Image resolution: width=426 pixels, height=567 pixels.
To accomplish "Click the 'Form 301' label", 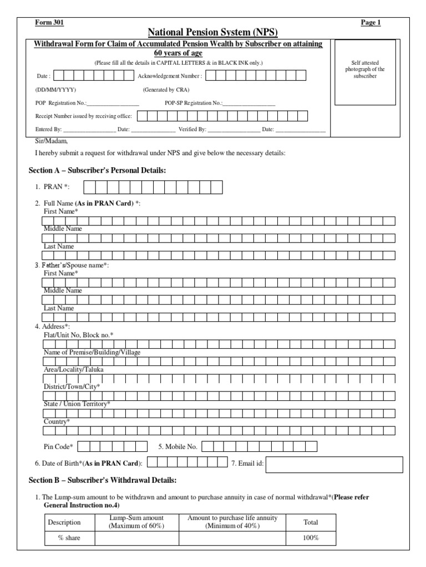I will click(x=49, y=23).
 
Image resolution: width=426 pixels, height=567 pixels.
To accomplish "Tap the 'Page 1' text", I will click(x=371, y=23).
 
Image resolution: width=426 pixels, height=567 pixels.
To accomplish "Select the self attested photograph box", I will click(x=364, y=72).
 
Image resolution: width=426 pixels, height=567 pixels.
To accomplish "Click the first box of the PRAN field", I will click(x=90, y=187).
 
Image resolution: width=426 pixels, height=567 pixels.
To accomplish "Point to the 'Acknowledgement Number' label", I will click(x=170, y=76).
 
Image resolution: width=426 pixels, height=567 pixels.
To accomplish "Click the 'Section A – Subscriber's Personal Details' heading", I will click(x=97, y=170).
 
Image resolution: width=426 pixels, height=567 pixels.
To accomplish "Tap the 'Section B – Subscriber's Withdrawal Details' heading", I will click(x=102, y=480).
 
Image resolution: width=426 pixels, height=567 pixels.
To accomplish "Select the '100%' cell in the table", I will click(x=311, y=538).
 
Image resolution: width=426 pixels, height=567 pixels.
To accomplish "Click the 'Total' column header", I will click(x=311, y=522).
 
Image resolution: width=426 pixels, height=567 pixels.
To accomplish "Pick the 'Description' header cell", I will click(x=64, y=522).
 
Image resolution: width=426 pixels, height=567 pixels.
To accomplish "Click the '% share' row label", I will click(x=69, y=538).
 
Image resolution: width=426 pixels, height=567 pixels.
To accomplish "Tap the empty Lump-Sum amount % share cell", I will click(x=136, y=538).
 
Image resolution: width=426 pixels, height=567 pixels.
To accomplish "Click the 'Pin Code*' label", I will click(x=58, y=446).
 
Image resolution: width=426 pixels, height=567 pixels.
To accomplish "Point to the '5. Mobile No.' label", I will click(x=177, y=446).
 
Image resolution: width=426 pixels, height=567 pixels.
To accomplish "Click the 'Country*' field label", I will click(x=57, y=422).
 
